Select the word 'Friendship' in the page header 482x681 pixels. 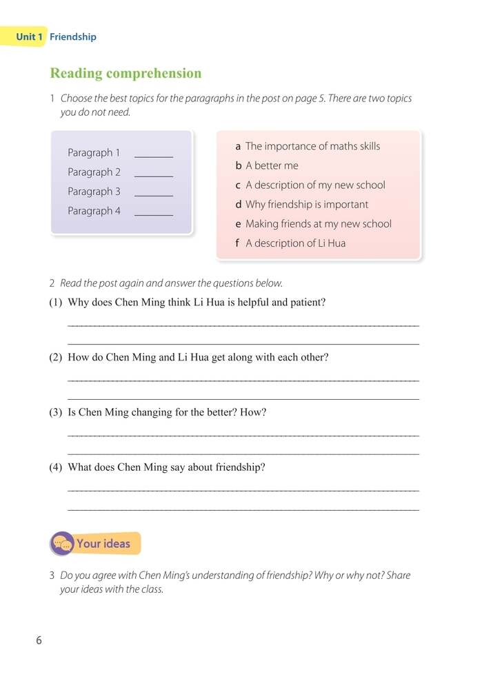tap(73, 37)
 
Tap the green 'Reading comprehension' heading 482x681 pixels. tap(125, 73)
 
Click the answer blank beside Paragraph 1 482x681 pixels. tap(153, 154)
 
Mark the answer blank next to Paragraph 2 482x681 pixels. tap(153, 173)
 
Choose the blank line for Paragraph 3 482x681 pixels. tap(153, 192)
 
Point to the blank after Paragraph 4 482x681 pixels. tap(153, 212)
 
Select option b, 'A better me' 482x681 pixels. tap(272, 165)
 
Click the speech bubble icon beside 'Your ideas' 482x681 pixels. tap(62, 543)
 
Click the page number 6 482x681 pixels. tap(39, 640)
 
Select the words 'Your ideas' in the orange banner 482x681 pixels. tap(103, 543)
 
